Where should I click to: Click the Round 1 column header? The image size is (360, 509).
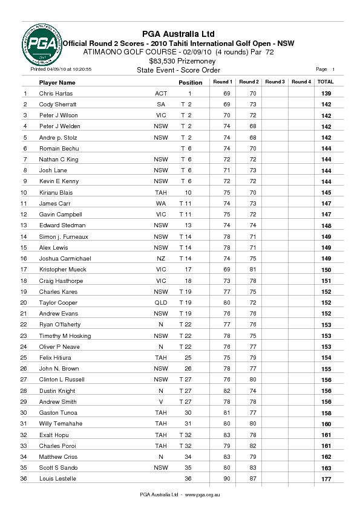coord(222,82)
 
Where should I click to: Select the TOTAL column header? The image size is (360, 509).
coord(326,82)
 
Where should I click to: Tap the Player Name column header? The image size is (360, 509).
coord(57,82)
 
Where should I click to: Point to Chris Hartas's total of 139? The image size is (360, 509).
coord(326,94)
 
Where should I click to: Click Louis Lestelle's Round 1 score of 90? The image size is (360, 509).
coord(227,479)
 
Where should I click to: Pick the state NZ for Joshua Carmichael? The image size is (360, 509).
coord(161,258)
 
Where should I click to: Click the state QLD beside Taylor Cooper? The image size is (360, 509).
coord(160,302)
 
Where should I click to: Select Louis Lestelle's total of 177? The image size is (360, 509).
coord(326,479)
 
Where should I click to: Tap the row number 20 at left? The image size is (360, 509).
coord(24,302)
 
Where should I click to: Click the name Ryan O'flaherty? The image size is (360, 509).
coord(59,325)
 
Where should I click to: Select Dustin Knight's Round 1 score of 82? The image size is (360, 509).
coord(227,391)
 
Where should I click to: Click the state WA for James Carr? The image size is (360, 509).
coord(161,204)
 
